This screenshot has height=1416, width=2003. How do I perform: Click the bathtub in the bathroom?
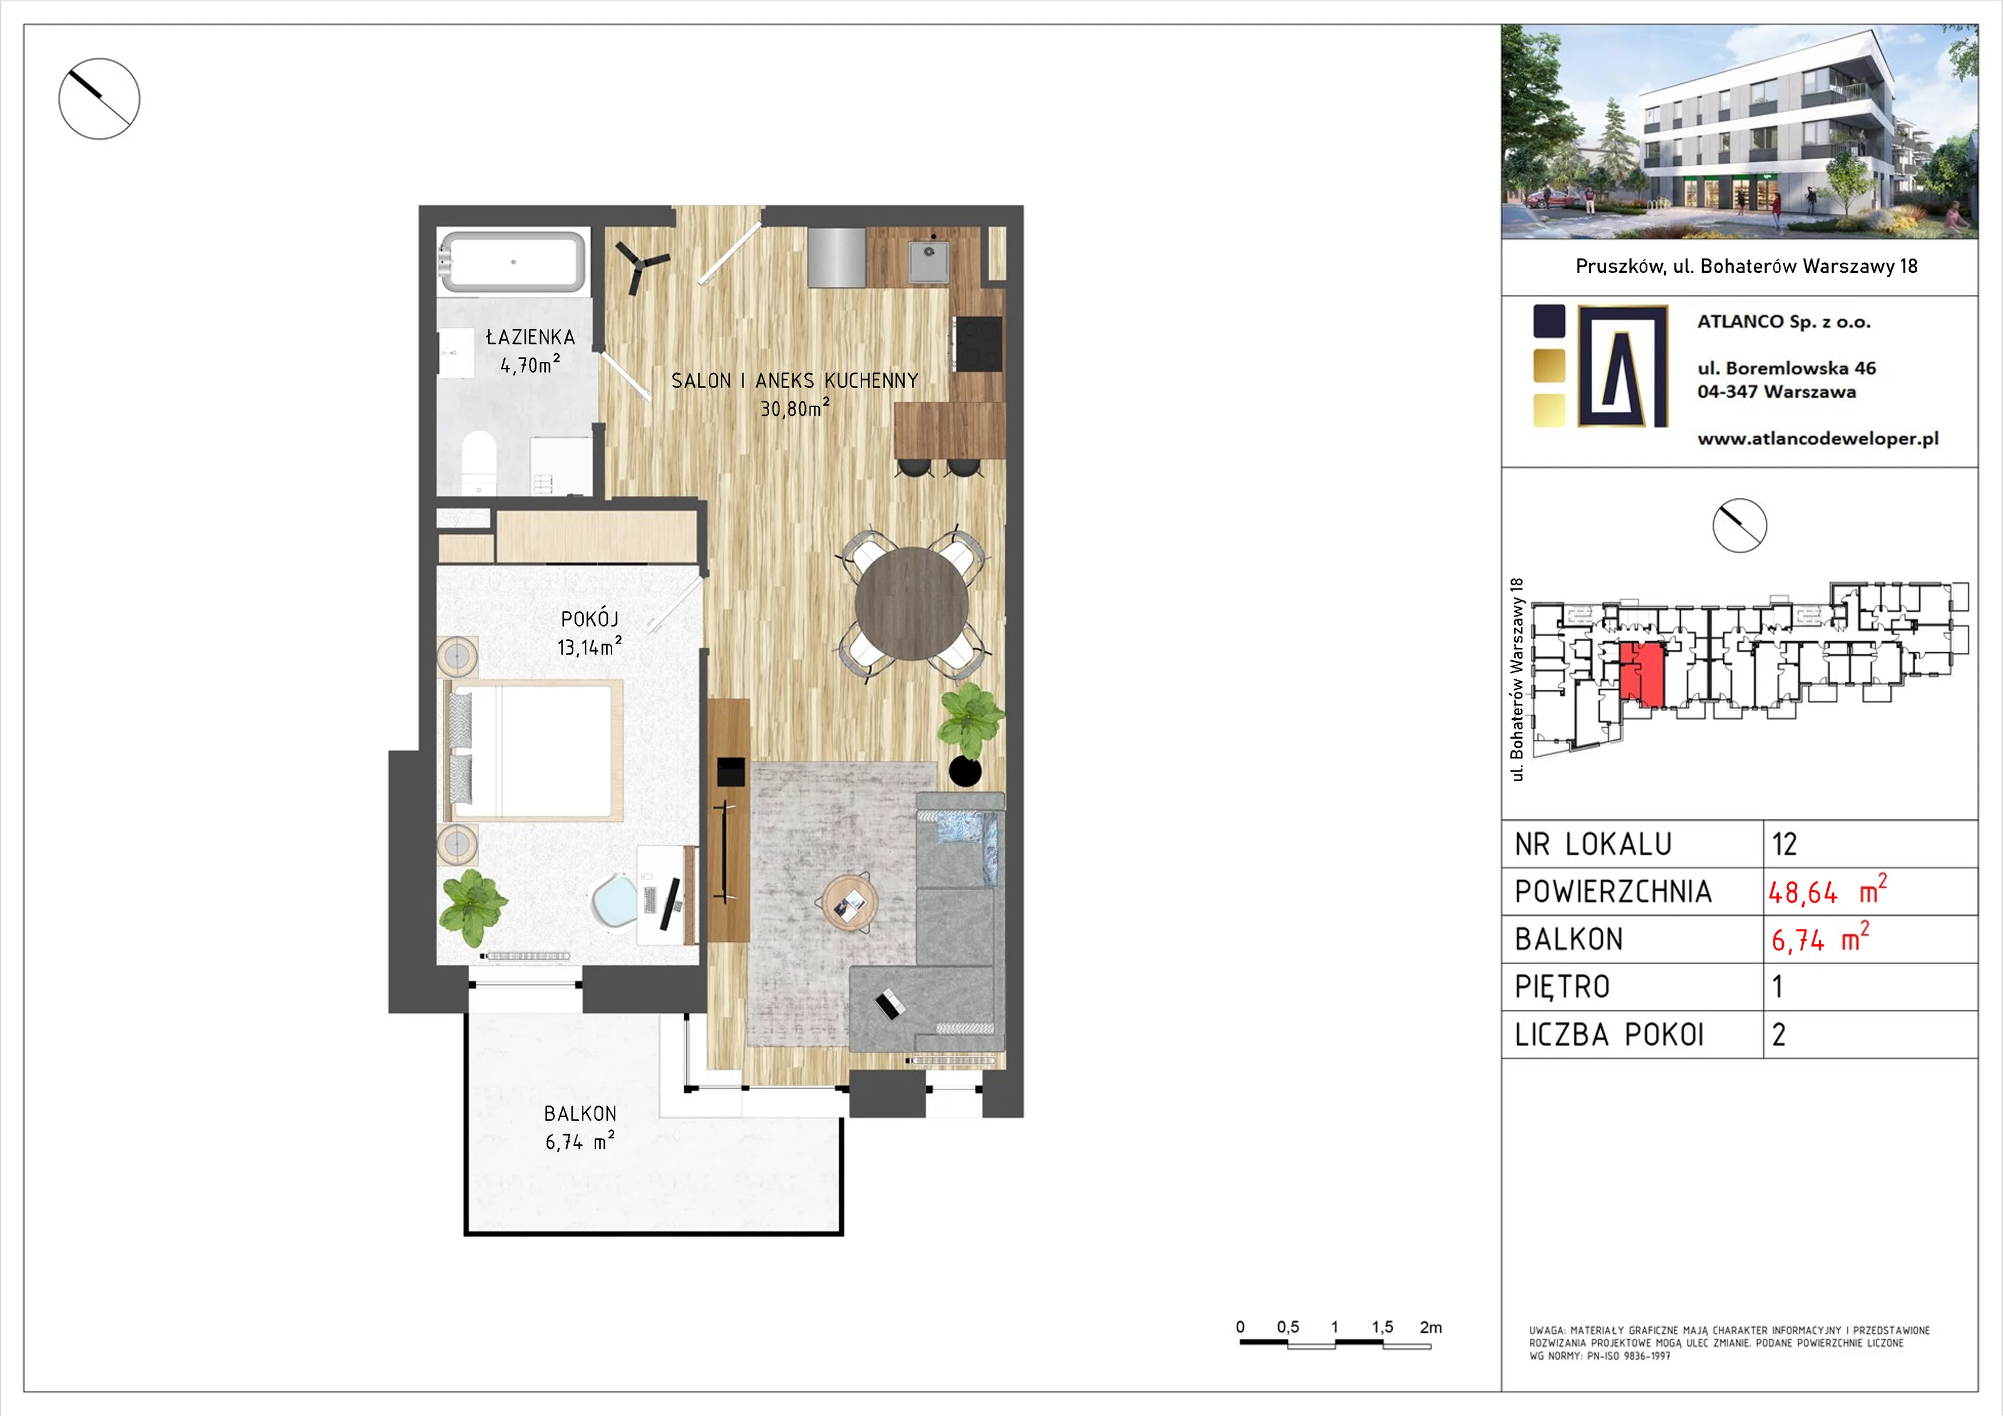[512, 261]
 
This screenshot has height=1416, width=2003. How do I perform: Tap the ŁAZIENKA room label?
[530, 337]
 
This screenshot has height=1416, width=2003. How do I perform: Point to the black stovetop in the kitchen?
[978, 343]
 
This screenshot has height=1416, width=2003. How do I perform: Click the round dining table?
[911, 603]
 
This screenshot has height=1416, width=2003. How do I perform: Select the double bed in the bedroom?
[534, 751]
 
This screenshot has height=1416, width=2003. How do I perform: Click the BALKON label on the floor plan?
[580, 1114]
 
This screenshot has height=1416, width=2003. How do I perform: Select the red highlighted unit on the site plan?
[1641, 674]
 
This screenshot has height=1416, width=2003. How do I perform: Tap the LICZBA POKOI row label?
[1609, 1035]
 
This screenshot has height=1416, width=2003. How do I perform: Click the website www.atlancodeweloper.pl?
[1818, 439]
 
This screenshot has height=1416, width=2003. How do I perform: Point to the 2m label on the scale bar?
[1431, 1327]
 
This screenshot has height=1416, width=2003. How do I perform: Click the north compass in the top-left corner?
[100, 98]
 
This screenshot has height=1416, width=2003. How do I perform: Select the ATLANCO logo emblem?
[1622, 366]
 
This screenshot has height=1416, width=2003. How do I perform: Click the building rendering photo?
[1739, 131]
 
